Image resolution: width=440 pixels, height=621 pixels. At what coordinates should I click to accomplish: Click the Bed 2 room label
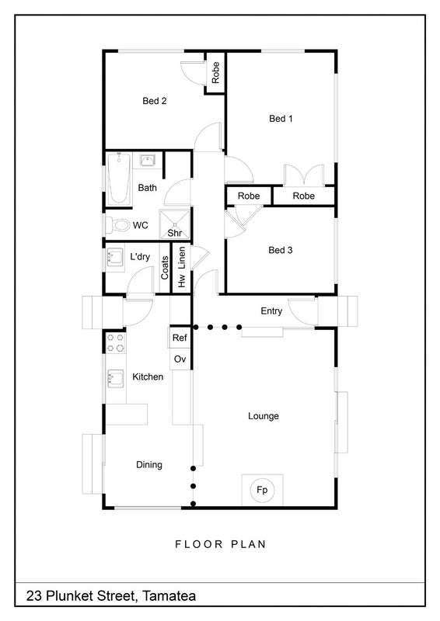pos(155,101)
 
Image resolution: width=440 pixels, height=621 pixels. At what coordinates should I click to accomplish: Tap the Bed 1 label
pos(281,119)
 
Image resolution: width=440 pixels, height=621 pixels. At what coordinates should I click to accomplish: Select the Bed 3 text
pos(281,250)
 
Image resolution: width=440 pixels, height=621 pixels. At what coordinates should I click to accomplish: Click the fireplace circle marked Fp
pos(262,490)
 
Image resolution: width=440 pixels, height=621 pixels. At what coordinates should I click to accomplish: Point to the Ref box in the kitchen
pos(180,338)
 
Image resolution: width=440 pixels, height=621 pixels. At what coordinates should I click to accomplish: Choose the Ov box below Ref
pos(180,359)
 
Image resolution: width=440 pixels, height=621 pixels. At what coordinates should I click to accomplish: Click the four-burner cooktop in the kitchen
pos(116,343)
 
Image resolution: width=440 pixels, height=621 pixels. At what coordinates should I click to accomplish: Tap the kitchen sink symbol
pos(116,378)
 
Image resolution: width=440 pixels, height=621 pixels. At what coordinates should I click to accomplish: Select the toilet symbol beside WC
pos(117,225)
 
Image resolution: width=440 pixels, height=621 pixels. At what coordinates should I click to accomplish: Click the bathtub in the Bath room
pos(119,179)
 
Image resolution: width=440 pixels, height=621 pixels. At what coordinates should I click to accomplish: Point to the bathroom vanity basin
pos(148,161)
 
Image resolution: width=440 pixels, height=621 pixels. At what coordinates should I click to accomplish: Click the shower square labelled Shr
pos(175,224)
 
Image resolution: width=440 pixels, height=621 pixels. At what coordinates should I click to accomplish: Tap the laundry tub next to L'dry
pos(115,257)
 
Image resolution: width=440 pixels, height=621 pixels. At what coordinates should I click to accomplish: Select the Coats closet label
pos(165,268)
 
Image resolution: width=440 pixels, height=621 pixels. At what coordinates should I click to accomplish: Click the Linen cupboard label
pos(182,258)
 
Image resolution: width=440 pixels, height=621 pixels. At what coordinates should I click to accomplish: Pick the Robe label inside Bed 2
pos(215,72)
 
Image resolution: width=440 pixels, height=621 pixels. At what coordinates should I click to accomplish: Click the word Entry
pos(271,311)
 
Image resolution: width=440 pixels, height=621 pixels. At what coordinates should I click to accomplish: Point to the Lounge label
pos(264,416)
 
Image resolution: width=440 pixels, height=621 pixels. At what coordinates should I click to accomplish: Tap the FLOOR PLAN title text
pos(221,544)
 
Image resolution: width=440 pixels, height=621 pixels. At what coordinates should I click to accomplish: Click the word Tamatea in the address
pos(169,595)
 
